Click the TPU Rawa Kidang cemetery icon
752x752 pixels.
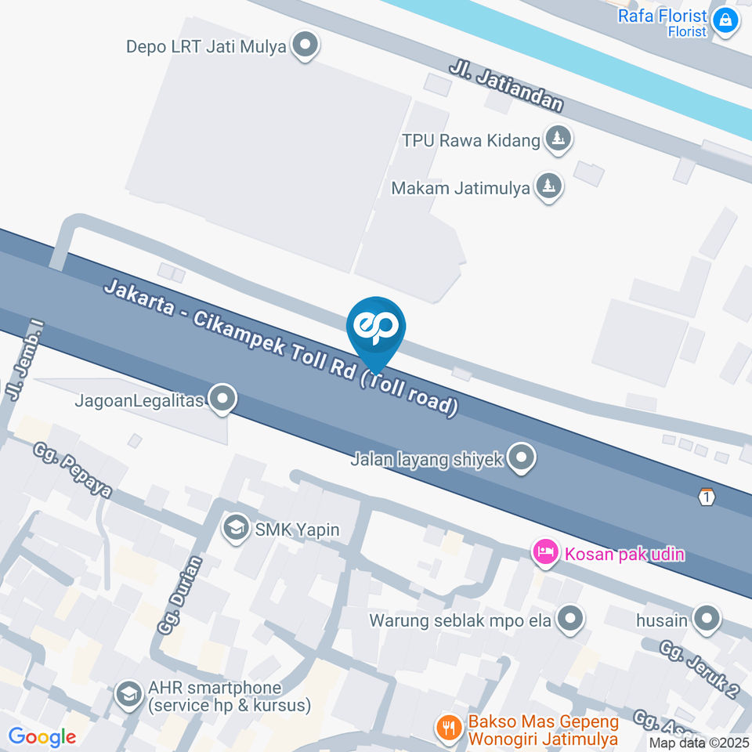pos(559,139)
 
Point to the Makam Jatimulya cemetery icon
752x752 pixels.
pos(548,187)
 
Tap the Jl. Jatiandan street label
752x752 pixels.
pos(506,86)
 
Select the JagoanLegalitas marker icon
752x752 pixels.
pos(224,399)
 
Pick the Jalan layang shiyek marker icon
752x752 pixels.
pos(521,458)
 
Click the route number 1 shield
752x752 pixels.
pos(707,497)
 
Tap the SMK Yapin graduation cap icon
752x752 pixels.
pos(234,529)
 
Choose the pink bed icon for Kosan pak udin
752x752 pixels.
pos(544,554)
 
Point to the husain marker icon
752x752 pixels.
pos(707,620)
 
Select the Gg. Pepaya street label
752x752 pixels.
pos(73,470)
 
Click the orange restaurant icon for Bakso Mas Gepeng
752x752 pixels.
pos(449,728)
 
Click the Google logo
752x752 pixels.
pos(42,736)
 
